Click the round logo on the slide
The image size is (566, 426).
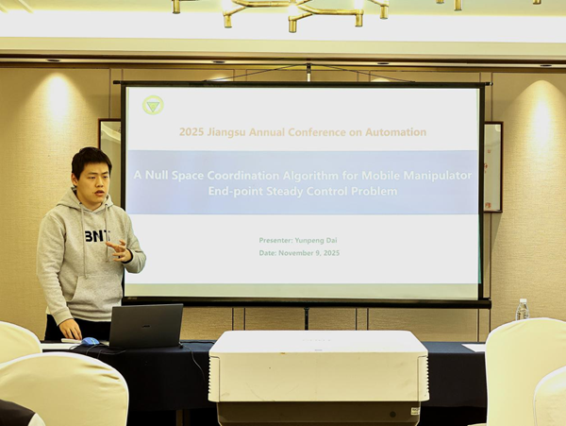point(153,105)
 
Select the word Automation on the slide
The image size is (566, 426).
point(395,132)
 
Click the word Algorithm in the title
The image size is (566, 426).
point(310,176)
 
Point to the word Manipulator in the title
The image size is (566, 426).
point(437,176)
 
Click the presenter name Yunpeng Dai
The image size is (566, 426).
point(316,240)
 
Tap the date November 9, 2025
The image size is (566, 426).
point(309,253)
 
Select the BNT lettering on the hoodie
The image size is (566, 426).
point(97,235)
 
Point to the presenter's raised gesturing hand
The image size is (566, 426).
point(120,250)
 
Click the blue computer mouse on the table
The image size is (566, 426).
point(90,341)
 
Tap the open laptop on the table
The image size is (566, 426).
point(145,326)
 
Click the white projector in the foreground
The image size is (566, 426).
point(319,376)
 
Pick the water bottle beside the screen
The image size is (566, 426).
point(522,309)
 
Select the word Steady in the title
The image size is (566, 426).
point(285,191)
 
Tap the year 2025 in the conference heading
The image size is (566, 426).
point(191,132)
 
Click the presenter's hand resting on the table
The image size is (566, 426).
point(71,329)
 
